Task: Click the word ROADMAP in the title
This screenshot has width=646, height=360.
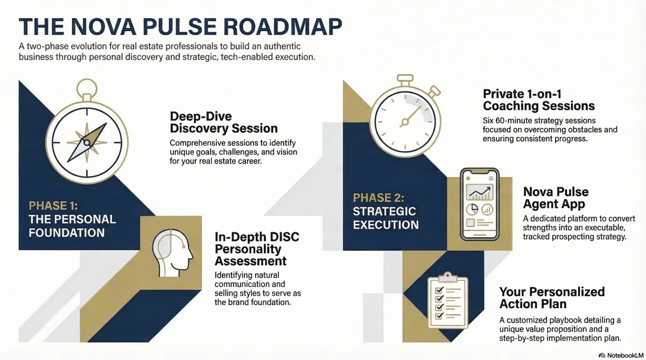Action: click(283, 26)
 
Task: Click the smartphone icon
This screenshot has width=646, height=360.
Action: click(480, 204)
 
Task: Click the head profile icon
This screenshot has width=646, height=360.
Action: click(172, 253)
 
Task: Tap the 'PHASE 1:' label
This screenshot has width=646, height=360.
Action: click(53, 206)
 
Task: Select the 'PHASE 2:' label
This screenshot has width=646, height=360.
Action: click(378, 197)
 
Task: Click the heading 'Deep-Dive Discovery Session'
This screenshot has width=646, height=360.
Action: click(223, 122)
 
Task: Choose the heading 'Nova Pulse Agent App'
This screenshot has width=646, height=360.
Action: click(556, 197)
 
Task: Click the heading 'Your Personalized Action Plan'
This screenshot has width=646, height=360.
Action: click(552, 298)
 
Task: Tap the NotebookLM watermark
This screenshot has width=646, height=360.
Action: click(621, 355)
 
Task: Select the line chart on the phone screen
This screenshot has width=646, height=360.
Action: click(480, 192)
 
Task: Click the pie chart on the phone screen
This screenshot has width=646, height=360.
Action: click(472, 209)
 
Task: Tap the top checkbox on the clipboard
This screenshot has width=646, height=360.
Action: click(439, 290)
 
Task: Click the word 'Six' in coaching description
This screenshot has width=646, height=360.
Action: click(489, 120)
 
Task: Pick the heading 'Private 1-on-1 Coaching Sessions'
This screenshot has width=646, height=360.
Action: click(539, 100)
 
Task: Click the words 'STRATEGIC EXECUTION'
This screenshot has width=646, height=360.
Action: click(385, 218)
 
